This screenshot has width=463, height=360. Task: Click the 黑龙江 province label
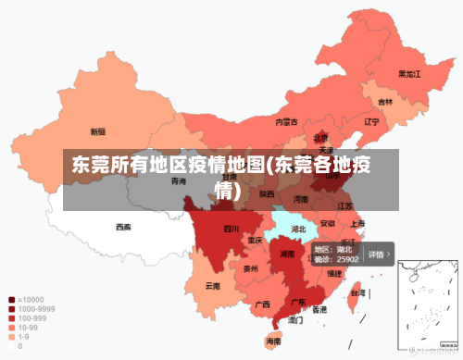(408, 73)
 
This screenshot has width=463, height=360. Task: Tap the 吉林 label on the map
(385, 102)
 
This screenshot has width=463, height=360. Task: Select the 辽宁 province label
(371, 121)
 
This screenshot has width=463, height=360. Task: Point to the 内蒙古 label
(286, 122)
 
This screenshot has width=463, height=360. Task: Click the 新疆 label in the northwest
(97, 131)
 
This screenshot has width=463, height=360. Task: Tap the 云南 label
(213, 286)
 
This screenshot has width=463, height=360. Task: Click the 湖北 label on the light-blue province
(298, 228)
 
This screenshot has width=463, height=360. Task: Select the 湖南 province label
(287, 254)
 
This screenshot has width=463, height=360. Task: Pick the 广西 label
(262, 304)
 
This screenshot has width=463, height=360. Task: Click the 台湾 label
(354, 293)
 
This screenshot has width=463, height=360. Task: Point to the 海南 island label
(274, 341)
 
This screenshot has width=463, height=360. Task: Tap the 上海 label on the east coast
(357, 223)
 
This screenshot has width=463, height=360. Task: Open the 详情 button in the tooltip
(379, 254)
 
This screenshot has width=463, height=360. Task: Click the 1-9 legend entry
(24, 337)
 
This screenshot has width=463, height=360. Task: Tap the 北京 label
(320, 138)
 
